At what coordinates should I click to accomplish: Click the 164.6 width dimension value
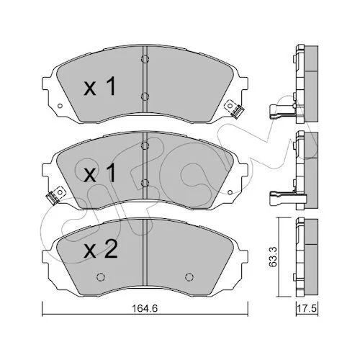tap(145, 308)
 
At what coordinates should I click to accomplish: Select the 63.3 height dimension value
tap(273, 257)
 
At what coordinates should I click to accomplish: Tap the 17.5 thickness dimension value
tap(307, 308)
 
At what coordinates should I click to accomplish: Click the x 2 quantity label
tap(101, 250)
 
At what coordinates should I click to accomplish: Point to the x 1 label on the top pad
tap(100, 86)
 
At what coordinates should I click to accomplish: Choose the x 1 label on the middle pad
tap(100, 173)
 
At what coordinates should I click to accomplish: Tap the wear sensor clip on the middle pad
tap(56, 195)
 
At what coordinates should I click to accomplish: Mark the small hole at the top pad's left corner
tap(60, 106)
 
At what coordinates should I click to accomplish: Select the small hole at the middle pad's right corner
tap(230, 192)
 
